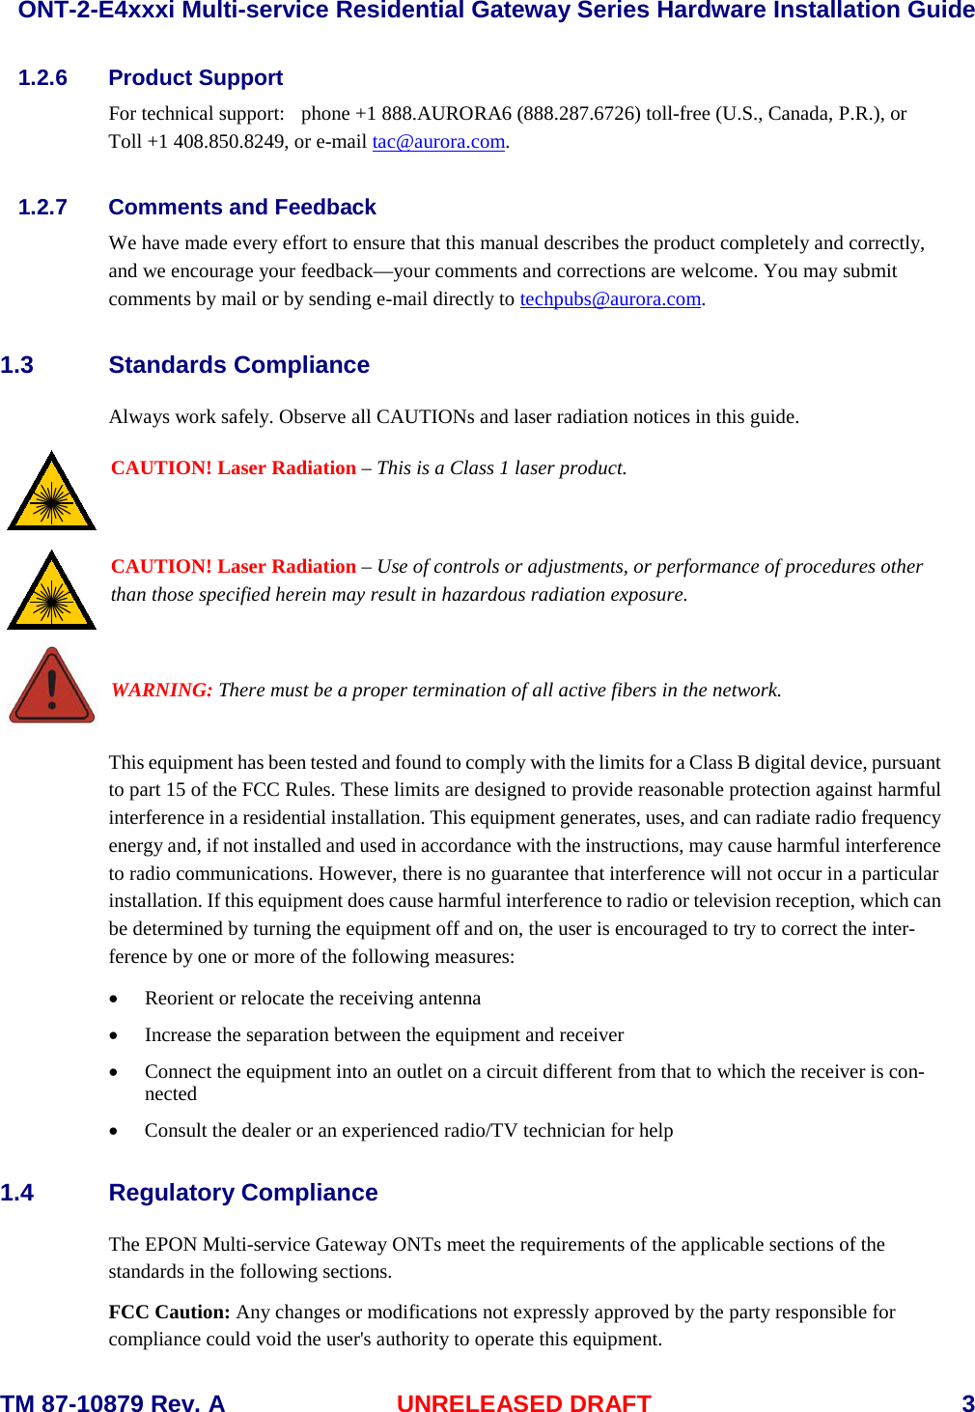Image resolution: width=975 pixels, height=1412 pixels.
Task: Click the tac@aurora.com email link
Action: [438, 142]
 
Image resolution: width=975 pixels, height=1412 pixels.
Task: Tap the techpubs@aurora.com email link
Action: [610, 299]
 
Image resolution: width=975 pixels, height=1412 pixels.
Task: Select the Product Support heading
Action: [195, 78]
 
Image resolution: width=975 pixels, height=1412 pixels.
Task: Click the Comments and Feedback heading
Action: [241, 208]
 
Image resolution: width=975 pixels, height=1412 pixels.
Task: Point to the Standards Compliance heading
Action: [238, 365]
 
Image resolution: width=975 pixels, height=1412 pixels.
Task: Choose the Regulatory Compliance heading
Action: [242, 1193]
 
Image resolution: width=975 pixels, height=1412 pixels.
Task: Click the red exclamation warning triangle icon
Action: [52, 687]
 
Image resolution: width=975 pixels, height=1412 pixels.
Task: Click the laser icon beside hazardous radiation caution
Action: [52, 591]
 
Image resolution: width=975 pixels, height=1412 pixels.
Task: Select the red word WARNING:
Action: [161, 691]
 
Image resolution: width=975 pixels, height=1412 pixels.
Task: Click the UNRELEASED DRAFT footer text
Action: [523, 1403]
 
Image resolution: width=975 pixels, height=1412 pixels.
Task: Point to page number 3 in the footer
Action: [967, 1403]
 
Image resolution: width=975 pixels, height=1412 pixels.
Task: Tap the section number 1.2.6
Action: [42, 78]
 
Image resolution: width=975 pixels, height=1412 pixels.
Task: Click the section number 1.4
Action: [17, 1193]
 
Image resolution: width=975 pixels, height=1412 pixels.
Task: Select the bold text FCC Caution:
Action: [169, 1313]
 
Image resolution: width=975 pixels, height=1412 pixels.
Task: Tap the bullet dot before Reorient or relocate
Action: [114, 1000]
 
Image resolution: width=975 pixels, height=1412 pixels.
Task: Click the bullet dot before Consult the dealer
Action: [114, 1132]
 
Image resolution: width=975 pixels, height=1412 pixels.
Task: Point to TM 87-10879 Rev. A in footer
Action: [113, 1403]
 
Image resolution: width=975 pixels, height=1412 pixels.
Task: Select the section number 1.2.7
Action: [42, 208]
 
